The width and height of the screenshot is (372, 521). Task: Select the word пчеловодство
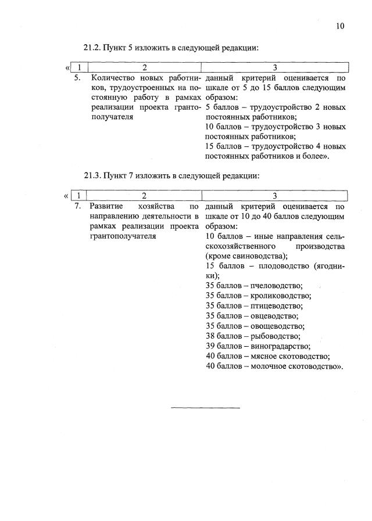pyautogui.click(x=277, y=285)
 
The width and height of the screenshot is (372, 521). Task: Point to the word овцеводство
pyautogui.click(x=274, y=316)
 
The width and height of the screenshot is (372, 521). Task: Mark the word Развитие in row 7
pyautogui.click(x=106, y=206)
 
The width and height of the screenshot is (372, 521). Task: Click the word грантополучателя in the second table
pyautogui.click(x=123, y=236)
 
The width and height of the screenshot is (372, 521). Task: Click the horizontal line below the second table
pyautogui.click(x=205, y=407)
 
